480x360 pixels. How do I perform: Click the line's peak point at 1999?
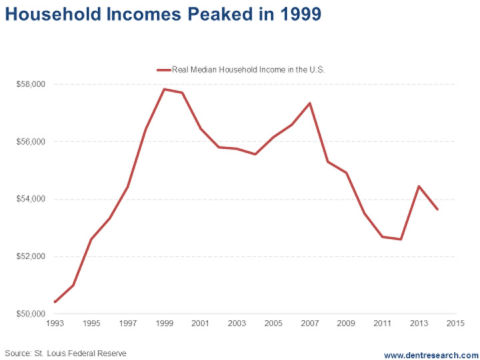click(x=164, y=89)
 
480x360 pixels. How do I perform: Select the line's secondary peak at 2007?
click(x=310, y=103)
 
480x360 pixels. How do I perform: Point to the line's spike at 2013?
click(x=419, y=186)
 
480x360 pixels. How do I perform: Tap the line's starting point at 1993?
click(x=55, y=302)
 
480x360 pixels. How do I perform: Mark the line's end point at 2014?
click(x=437, y=209)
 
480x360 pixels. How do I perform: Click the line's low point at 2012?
click(x=401, y=239)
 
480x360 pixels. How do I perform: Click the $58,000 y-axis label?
click(x=30, y=85)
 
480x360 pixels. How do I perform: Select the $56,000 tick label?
click(x=30, y=142)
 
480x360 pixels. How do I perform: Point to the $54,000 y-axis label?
click(x=30, y=199)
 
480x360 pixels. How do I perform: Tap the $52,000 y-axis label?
click(x=30, y=257)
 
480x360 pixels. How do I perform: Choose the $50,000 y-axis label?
click(x=30, y=314)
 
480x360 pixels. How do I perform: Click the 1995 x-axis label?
click(x=91, y=324)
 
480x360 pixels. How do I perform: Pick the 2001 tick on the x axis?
click(x=201, y=324)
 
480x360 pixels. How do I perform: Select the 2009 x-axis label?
click(x=347, y=324)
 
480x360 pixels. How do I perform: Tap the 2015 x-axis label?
click(x=456, y=324)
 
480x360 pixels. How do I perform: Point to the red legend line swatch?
click(x=163, y=69)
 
